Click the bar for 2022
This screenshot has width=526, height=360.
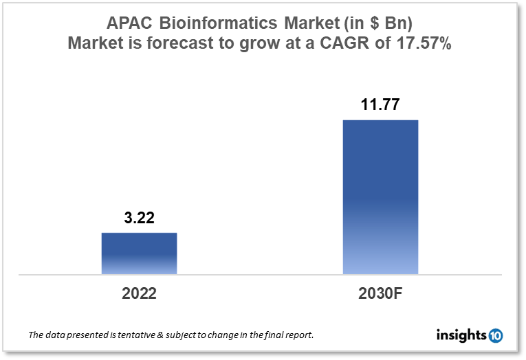point(139,254)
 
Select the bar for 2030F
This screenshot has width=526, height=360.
point(380,197)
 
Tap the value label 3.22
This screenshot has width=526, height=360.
point(139,219)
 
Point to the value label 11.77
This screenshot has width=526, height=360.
point(380,106)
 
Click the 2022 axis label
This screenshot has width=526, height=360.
point(139,293)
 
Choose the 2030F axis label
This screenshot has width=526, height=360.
point(380,293)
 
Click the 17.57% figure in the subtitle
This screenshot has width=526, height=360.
point(424,45)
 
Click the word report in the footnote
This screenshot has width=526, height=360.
point(299,336)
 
